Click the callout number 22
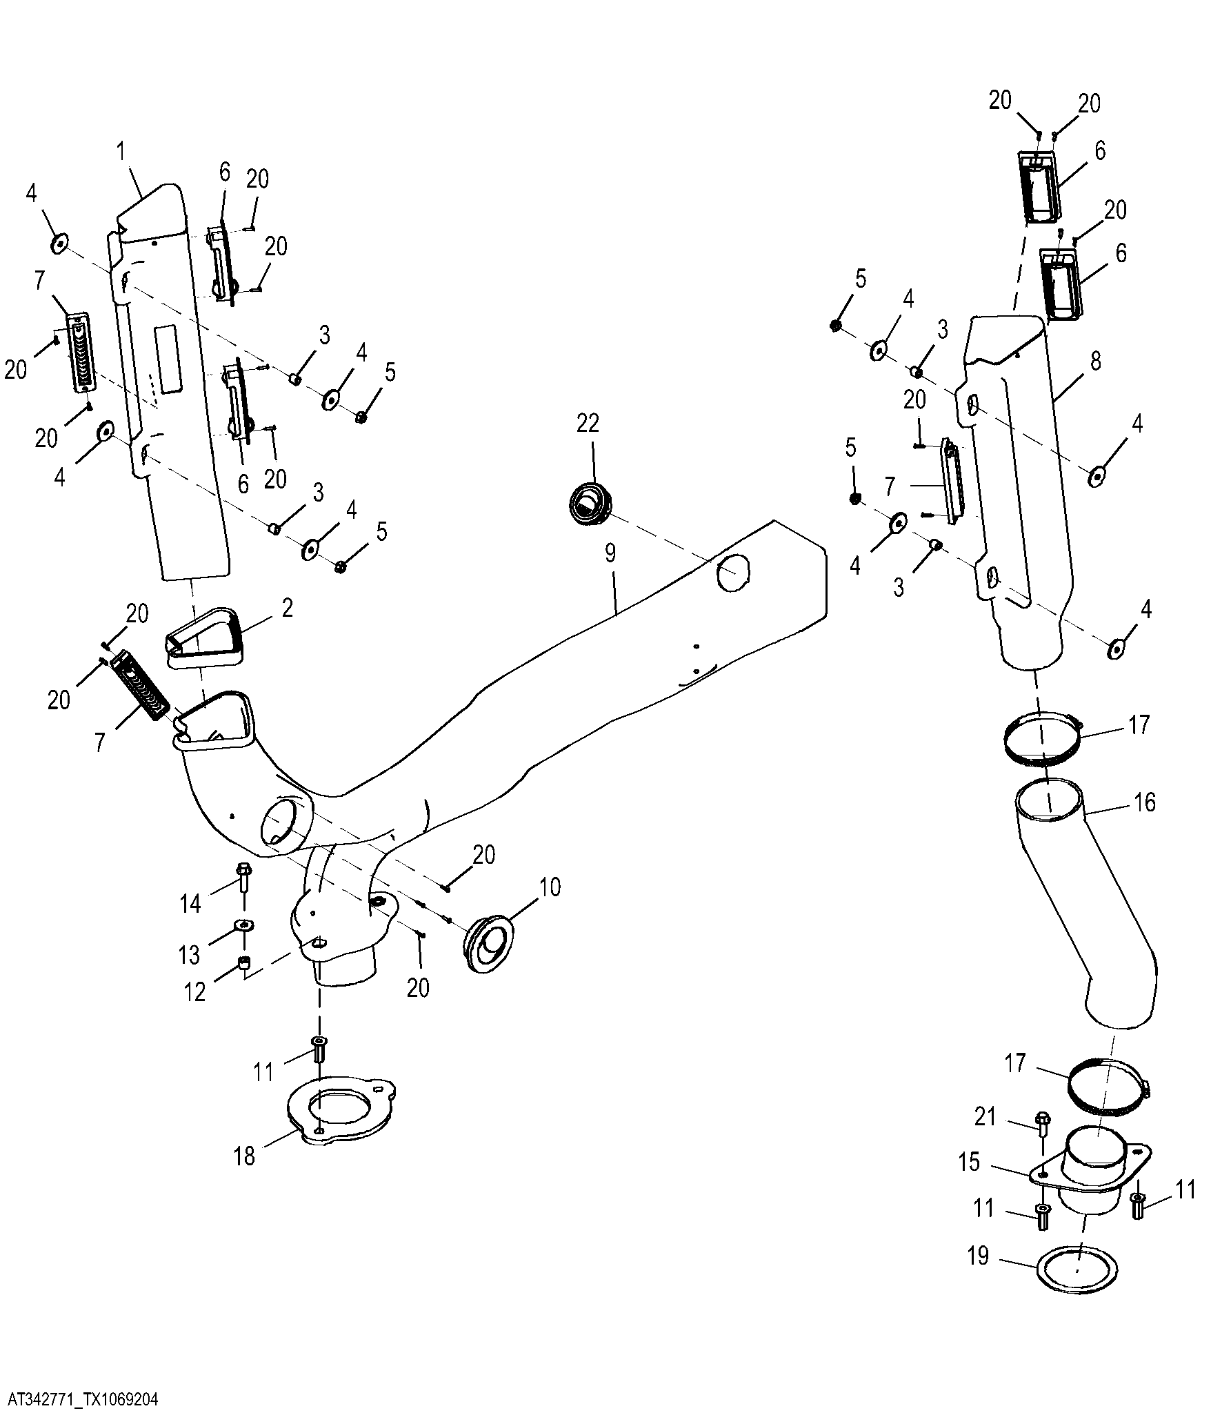(588, 423)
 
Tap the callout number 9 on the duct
(610, 554)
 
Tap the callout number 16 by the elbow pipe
(1144, 802)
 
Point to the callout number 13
(189, 955)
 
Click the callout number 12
(195, 992)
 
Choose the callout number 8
(1096, 361)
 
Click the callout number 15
(969, 1162)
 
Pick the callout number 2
(287, 608)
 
